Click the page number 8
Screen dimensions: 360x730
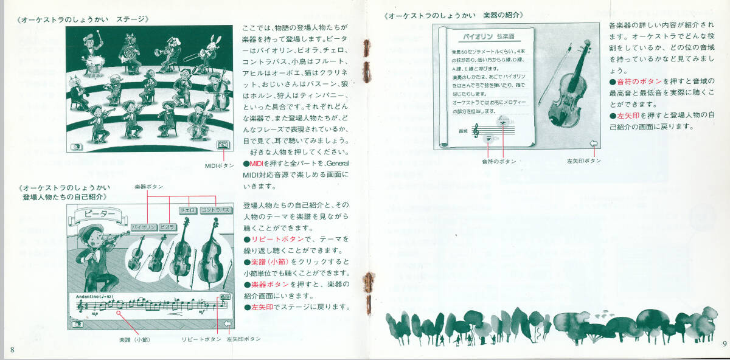pos(12,348)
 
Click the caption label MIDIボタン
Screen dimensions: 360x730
pos(219,165)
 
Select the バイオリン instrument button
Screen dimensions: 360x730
pos(143,227)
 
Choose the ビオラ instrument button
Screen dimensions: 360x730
pos(166,227)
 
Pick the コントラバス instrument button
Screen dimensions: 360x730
pos(217,210)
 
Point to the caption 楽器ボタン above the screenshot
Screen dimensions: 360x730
pos(149,186)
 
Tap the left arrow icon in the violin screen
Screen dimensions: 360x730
pos(594,144)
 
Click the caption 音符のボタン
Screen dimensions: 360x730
pos(499,161)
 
